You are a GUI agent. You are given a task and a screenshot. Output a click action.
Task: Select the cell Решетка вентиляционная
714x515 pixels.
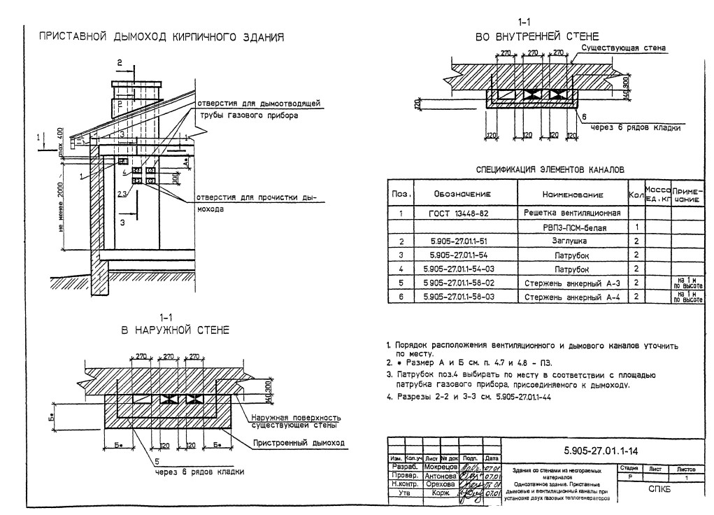pyautogui.click(x=572, y=213)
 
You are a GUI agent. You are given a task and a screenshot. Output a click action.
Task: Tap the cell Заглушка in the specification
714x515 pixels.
pyautogui.click(x=572, y=241)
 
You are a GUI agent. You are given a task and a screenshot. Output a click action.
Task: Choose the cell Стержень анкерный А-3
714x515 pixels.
pyautogui.click(x=572, y=283)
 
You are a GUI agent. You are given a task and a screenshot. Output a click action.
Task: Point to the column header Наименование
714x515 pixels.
pyautogui.click(x=572, y=193)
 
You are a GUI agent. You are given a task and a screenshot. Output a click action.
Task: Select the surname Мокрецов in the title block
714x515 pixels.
pyautogui.click(x=441, y=466)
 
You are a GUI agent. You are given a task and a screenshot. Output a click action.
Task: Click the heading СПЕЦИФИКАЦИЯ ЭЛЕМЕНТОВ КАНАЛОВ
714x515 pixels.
pyautogui.click(x=545, y=169)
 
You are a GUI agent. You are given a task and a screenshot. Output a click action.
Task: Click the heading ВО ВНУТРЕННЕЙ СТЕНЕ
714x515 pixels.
pyautogui.click(x=536, y=36)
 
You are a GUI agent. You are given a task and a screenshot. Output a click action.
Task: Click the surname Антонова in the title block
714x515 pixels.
pyautogui.click(x=441, y=475)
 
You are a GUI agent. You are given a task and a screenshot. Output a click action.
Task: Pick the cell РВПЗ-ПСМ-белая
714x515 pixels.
pyautogui.click(x=572, y=227)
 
